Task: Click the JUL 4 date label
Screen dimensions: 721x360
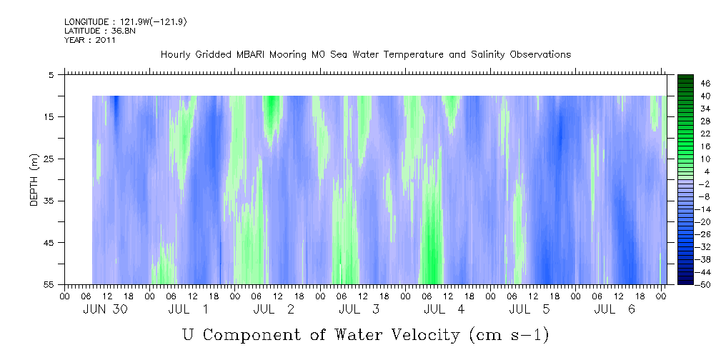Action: pyautogui.click(x=444, y=309)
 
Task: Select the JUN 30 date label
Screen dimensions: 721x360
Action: pyautogui.click(x=105, y=309)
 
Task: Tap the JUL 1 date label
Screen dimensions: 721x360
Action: pyautogui.click(x=189, y=309)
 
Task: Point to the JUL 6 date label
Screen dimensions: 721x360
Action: pyautogui.click(x=615, y=309)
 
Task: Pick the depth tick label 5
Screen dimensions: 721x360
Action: pyautogui.click(x=50, y=75)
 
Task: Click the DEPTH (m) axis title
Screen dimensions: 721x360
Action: pyautogui.click(x=34, y=180)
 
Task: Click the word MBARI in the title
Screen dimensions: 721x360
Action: pyautogui.click(x=251, y=55)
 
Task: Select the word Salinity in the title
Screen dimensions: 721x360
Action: pyautogui.click(x=488, y=55)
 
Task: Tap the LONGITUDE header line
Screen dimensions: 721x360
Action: pyautogui.click(x=126, y=22)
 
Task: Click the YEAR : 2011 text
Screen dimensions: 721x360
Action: pyautogui.click(x=90, y=40)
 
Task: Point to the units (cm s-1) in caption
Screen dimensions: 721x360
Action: pyautogui.click(x=509, y=336)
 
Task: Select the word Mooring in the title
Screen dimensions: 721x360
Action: pyautogui.click(x=287, y=55)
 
